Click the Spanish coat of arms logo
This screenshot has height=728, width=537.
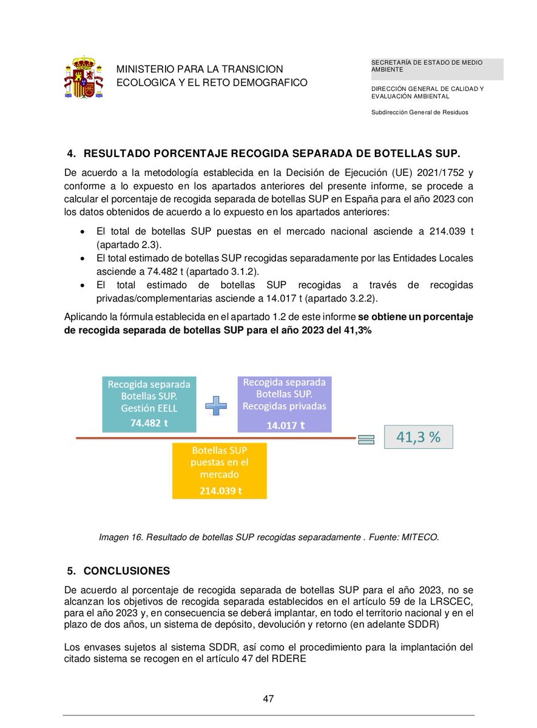[83, 77]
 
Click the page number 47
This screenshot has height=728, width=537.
[268, 699]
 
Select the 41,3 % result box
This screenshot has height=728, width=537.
[418, 437]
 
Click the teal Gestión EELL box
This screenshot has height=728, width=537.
[149, 404]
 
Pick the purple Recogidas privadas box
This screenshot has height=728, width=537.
[285, 403]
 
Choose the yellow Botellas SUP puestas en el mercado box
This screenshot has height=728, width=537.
[220, 470]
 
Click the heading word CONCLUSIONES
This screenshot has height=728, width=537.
[127, 571]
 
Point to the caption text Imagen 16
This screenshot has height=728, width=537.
[120, 537]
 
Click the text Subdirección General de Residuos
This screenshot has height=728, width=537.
[420, 112]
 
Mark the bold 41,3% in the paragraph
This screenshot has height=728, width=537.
[358, 331]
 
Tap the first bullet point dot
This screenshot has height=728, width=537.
[83, 232]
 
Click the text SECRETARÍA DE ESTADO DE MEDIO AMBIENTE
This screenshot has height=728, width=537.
[436, 66]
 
